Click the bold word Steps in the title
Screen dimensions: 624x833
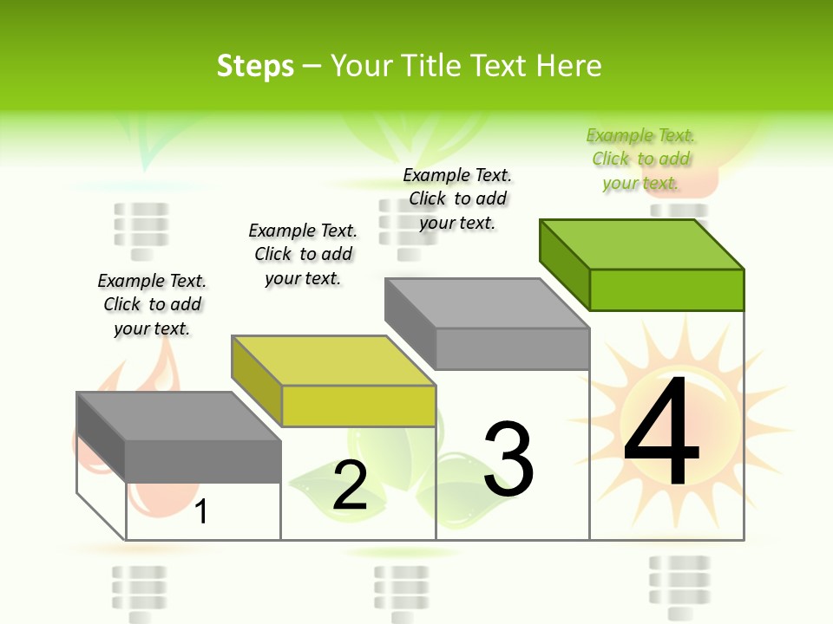255,66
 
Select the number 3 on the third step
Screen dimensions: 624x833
508,460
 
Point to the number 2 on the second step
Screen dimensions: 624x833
350,486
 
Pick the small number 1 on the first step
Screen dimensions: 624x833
201,512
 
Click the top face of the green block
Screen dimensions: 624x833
642,244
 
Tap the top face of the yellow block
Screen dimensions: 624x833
333,360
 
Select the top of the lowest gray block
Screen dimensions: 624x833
179,416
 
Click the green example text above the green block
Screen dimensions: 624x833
640,159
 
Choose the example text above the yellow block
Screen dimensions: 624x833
303,254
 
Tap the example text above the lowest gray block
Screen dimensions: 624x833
152,304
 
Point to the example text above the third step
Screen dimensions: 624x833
457,198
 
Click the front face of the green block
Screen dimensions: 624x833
666,289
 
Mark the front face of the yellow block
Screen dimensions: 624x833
358,406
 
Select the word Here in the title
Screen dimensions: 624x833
568,66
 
